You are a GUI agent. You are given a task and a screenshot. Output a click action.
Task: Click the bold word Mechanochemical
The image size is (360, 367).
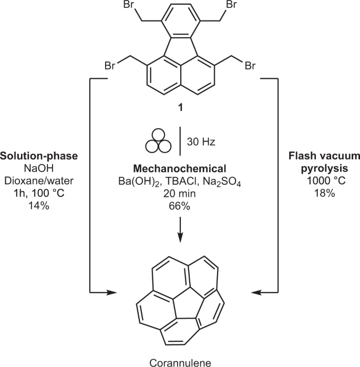180,169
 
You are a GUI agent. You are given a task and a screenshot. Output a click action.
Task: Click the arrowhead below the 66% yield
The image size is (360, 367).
180,238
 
